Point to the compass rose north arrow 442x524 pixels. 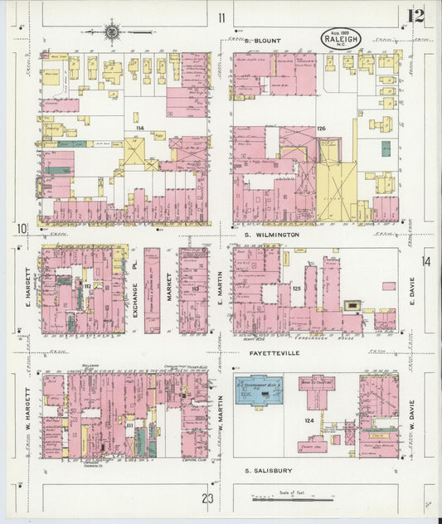pyautogui.click(x=111, y=33)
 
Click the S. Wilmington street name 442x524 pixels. pyautogui.click(x=271, y=235)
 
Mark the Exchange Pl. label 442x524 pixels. pyautogui.click(x=133, y=290)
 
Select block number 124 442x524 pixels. pyautogui.click(x=309, y=423)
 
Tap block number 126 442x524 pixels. pyautogui.click(x=320, y=129)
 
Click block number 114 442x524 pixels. pyautogui.click(x=140, y=127)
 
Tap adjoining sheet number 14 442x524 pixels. pyautogui.click(x=426, y=262)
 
